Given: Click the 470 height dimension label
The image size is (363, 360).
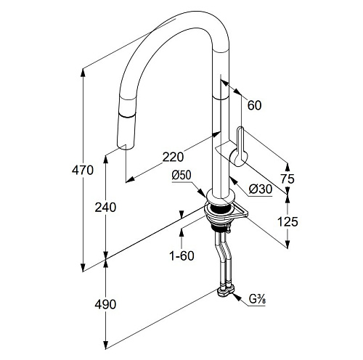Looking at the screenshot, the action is click(83, 171).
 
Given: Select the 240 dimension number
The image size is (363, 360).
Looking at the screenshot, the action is click(105, 208).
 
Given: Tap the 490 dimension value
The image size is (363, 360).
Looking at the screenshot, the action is click(105, 304).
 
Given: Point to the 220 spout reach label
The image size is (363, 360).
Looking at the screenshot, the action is click(173, 157).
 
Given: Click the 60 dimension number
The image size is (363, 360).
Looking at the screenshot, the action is click(254, 105).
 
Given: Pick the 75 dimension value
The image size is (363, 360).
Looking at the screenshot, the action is click(287, 179).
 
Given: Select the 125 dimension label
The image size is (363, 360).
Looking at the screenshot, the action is click(287, 221).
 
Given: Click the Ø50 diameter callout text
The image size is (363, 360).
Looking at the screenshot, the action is click(181, 176).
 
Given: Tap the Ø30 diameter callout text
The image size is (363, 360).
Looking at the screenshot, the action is click(261, 189).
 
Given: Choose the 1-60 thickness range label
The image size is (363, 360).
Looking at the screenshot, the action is click(181, 255).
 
